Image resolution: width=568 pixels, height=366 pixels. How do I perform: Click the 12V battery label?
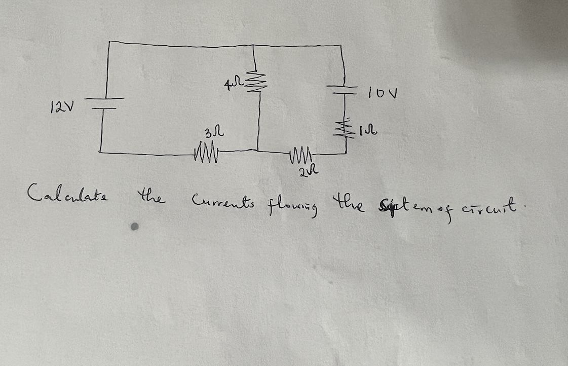click(x=62, y=107)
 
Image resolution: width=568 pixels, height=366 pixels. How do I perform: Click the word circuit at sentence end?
click(x=494, y=206)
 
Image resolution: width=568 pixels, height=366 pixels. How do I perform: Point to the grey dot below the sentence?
click(x=135, y=228)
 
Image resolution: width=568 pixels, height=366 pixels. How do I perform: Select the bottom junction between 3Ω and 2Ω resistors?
click(x=258, y=151)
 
